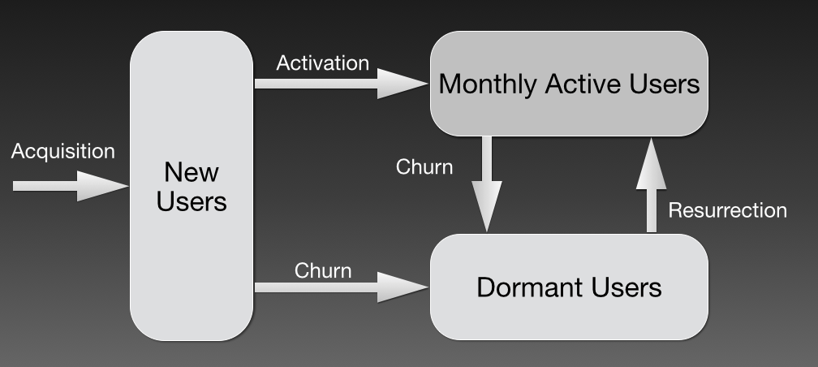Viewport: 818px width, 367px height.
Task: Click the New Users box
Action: (192, 244)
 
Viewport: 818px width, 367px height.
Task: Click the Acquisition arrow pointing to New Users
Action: (69, 186)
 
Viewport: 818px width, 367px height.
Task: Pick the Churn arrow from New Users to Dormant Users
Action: (341, 287)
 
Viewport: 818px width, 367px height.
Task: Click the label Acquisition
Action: (63, 151)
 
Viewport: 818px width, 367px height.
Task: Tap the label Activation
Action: (322, 63)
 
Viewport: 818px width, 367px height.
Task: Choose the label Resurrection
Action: (727, 210)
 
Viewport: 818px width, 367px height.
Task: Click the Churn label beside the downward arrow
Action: (424, 167)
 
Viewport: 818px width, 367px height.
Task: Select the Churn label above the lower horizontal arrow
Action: (323, 270)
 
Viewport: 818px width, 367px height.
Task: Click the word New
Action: (192, 172)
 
